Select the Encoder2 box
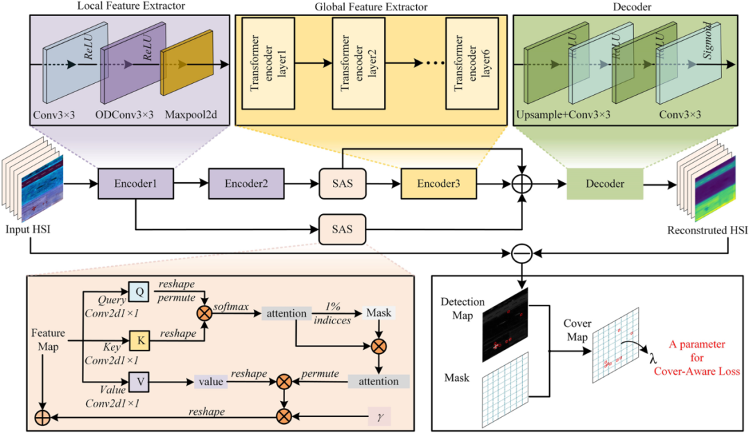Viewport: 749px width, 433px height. (246, 184)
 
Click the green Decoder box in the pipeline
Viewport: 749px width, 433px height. (603, 184)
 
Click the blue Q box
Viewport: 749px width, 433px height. (138, 293)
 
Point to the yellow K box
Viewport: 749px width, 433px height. (139, 340)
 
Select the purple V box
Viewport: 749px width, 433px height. (139, 381)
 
